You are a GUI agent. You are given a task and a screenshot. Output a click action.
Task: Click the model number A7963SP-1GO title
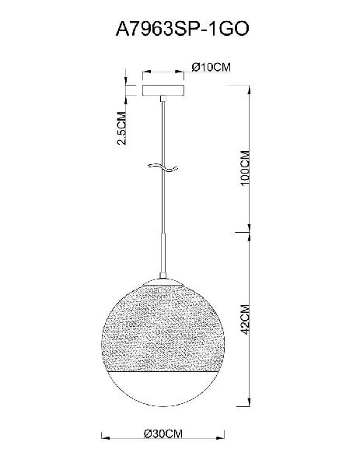[x=182, y=30]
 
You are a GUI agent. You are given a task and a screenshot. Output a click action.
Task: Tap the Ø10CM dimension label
[x=211, y=67]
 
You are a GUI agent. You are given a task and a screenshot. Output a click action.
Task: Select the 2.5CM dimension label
[x=122, y=128]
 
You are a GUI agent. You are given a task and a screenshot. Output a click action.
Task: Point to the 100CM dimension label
[x=245, y=168]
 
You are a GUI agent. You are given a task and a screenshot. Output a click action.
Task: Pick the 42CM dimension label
[x=245, y=319]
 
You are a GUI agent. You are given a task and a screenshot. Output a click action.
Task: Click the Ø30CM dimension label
[x=163, y=434]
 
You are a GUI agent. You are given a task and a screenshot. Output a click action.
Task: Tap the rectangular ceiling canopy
[x=163, y=90]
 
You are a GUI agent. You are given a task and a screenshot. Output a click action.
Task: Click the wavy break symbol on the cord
[x=163, y=167]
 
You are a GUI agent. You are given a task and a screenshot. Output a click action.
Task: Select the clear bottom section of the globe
[x=163, y=388]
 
